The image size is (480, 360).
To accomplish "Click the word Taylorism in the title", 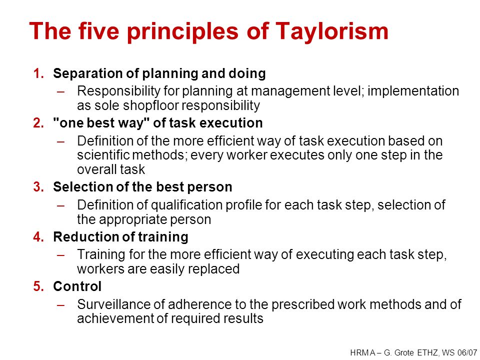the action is (x=332, y=32).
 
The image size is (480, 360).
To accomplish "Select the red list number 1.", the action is (x=38, y=73).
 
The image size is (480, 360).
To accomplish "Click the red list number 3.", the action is (x=38, y=186).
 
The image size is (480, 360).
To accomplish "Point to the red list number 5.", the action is (x=38, y=286).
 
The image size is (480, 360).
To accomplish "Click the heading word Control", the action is (x=77, y=286).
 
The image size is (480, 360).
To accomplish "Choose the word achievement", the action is (x=115, y=318).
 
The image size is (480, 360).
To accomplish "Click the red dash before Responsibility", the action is (x=60, y=91).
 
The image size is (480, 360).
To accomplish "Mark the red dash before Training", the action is (x=60, y=254).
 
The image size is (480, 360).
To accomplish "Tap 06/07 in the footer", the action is (x=468, y=352).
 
